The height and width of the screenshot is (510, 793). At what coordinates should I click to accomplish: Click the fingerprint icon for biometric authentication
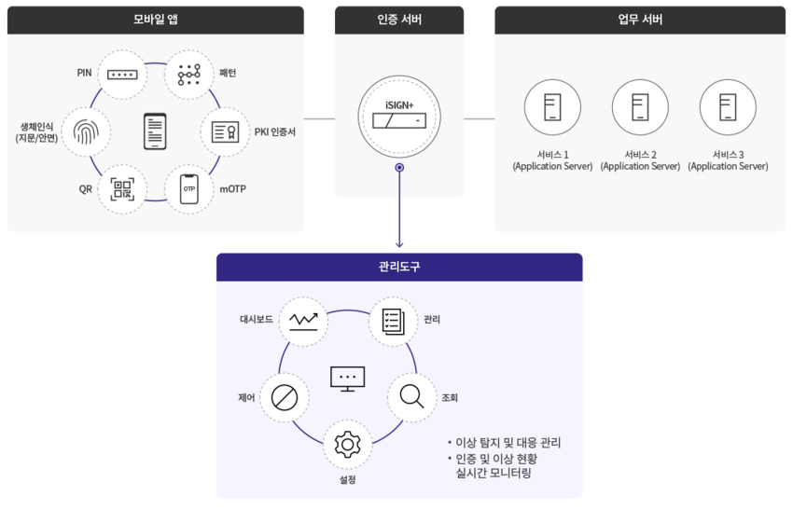coord(86,132)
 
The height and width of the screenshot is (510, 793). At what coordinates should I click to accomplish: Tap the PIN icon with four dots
coord(120,73)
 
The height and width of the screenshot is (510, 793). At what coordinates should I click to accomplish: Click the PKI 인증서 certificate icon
coord(226,132)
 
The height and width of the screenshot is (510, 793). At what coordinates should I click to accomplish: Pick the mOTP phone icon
coord(189,189)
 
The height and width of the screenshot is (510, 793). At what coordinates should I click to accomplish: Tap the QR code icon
coord(121,189)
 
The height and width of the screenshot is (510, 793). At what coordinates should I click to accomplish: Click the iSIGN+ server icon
coord(399,119)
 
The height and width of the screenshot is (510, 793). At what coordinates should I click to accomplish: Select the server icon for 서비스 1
coord(552,107)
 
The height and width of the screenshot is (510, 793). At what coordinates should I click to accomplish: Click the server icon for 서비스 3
coord(728,107)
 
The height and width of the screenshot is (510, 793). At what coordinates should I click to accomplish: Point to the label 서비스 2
coord(640,154)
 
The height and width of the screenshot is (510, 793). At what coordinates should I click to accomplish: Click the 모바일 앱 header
coord(155,19)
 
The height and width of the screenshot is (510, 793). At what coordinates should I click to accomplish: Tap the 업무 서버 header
coord(641,19)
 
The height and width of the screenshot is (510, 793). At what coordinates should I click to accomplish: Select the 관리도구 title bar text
coord(399,267)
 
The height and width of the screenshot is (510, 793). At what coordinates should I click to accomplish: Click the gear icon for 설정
coord(348,445)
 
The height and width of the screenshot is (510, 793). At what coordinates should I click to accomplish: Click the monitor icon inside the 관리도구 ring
coord(348,378)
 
